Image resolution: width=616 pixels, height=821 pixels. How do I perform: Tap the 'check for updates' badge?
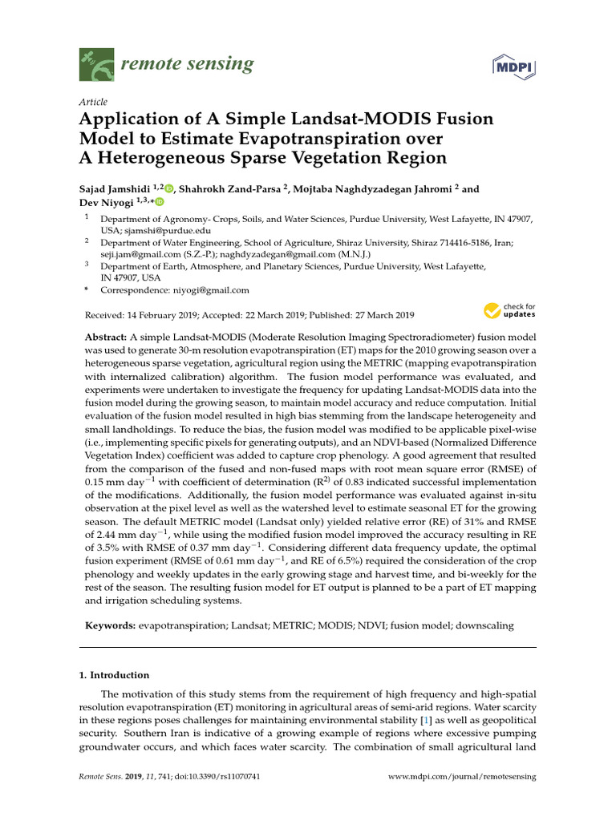(509, 310)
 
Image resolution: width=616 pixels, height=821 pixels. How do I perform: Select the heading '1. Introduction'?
(114, 675)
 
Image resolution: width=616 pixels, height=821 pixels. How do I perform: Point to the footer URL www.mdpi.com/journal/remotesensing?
(462, 777)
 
